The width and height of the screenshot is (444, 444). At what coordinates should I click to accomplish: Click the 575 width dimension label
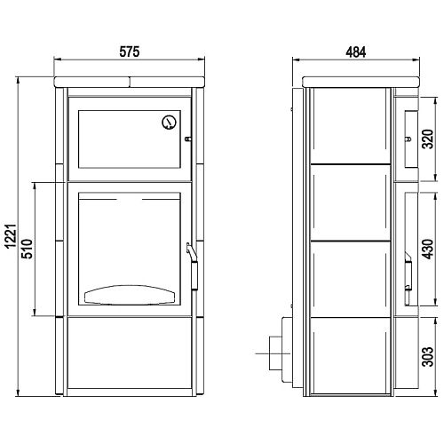(x=130, y=52)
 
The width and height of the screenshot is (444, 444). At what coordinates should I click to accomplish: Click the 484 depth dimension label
(x=356, y=52)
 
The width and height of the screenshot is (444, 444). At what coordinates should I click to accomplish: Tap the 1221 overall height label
(x=12, y=236)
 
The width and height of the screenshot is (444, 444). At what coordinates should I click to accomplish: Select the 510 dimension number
(x=28, y=249)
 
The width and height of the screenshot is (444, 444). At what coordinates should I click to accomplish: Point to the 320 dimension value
(x=428, y=139)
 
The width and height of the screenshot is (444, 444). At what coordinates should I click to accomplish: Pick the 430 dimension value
(x=428, y=250)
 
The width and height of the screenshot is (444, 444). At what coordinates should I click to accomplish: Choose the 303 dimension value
(x=428, y=357)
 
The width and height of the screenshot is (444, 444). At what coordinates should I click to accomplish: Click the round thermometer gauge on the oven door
(x=170, y=122)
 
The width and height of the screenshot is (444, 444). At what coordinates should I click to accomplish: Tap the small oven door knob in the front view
(x=187, y=139)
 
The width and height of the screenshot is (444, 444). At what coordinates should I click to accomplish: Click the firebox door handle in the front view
(x=194, y=266)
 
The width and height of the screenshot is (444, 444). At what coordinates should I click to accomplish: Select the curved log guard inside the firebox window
(x=130, y=294)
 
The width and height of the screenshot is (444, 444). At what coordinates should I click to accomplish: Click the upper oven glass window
(x=130, y=139)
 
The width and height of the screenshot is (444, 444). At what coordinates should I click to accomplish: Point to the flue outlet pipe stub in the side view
(x=276, y=353)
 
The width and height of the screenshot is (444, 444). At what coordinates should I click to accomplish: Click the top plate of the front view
(x=130, y=82)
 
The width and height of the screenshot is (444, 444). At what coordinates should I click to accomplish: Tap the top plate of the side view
(x=361, y=82)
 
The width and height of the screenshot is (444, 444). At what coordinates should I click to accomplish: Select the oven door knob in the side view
(x=408, y=139)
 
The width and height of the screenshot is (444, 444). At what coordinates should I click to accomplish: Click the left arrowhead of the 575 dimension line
(x=57, y=59)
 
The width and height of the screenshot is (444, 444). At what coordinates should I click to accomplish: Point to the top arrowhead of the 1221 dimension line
(x=19, y=80)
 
